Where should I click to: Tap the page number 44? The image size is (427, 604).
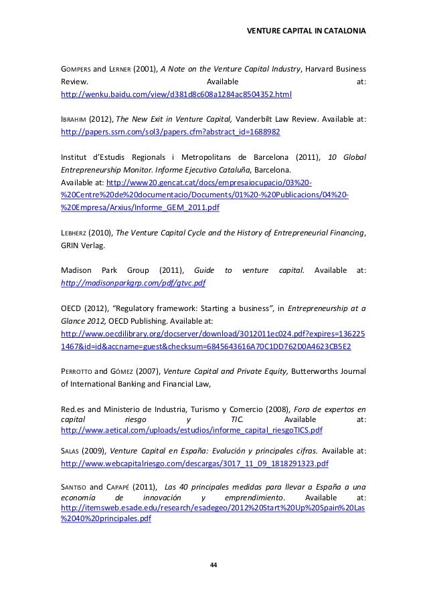pos(213,566)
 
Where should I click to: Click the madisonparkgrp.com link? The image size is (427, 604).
pos(133,284)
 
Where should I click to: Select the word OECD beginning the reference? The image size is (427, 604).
pos(70,308)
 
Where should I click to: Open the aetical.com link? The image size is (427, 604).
pos(191,429)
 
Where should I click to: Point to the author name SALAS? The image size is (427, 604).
pos(70,449)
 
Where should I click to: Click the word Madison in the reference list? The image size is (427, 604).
pos(76,271)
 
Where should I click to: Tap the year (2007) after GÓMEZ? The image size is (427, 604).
pos(147,371)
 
